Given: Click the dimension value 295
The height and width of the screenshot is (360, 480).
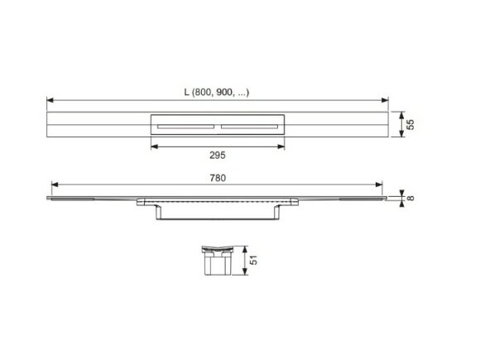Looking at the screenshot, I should (218, 155).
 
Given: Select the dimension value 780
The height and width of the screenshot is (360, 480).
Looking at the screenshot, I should (218, 178).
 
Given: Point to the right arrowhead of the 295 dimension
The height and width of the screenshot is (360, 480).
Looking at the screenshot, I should (283, 147).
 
